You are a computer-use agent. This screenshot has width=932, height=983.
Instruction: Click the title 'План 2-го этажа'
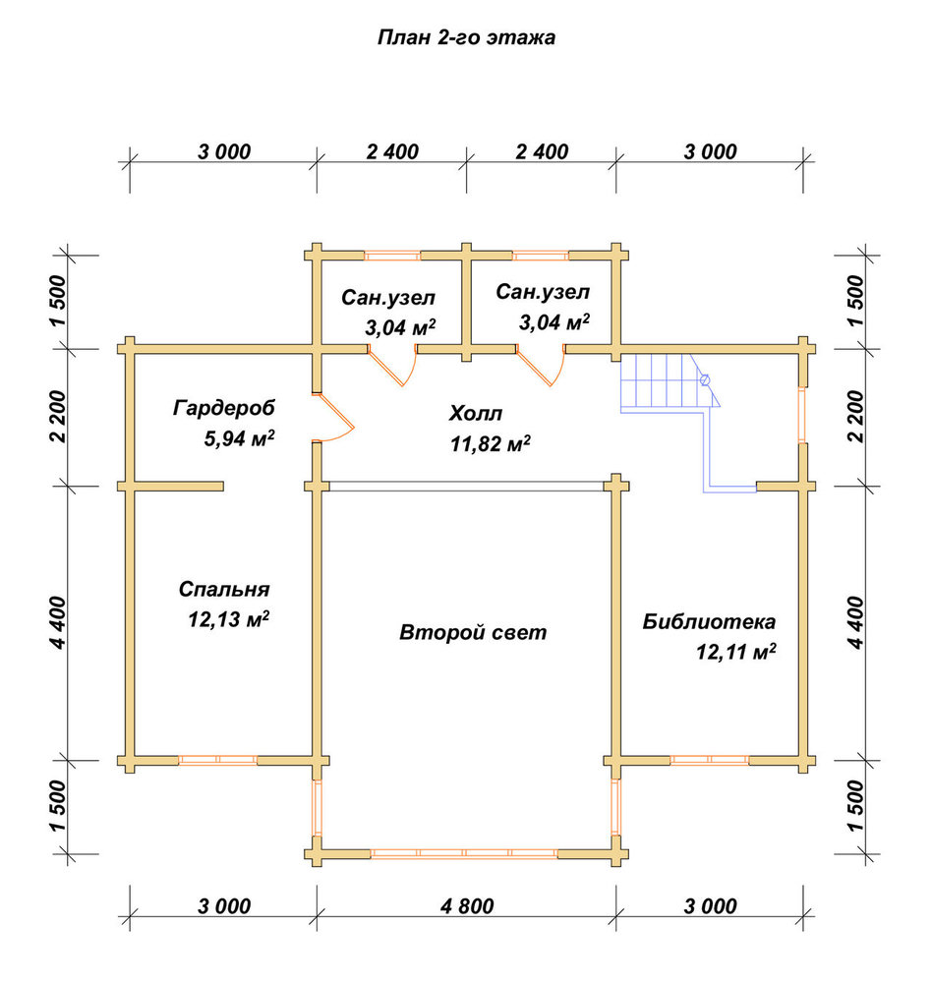466,38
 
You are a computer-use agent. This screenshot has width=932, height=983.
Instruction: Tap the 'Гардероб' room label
224,408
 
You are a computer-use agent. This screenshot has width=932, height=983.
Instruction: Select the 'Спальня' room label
224,589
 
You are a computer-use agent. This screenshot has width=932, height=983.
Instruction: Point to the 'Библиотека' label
709,621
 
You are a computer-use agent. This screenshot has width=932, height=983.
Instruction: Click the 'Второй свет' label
473,632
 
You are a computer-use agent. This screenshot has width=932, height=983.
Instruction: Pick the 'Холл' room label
476,414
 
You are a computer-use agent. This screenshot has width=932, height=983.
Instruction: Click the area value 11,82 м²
491,443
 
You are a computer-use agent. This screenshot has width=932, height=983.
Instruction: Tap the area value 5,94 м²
239,437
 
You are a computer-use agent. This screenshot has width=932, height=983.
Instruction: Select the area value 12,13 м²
229,619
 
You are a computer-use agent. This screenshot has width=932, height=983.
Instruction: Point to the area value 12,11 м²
735,652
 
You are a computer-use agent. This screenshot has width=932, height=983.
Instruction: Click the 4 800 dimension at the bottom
467,906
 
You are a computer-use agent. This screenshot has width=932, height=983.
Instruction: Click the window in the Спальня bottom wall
217,761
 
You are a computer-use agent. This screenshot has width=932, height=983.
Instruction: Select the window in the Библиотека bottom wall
710,761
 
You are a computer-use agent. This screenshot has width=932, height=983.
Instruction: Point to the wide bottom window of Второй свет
464,853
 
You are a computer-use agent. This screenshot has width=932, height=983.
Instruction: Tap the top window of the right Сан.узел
541,256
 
